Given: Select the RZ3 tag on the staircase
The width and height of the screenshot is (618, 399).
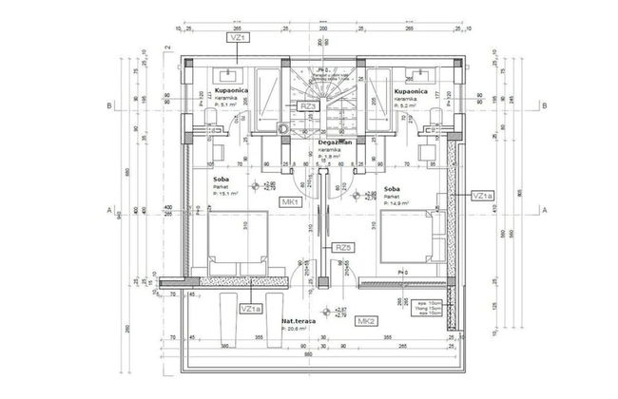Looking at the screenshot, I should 307,107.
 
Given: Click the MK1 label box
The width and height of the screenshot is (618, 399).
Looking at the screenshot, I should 291,202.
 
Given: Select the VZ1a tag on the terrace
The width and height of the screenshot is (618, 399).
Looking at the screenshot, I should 250,309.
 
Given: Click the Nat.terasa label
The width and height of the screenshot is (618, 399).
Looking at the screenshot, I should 298,324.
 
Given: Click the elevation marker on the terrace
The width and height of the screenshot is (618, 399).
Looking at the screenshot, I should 327,312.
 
